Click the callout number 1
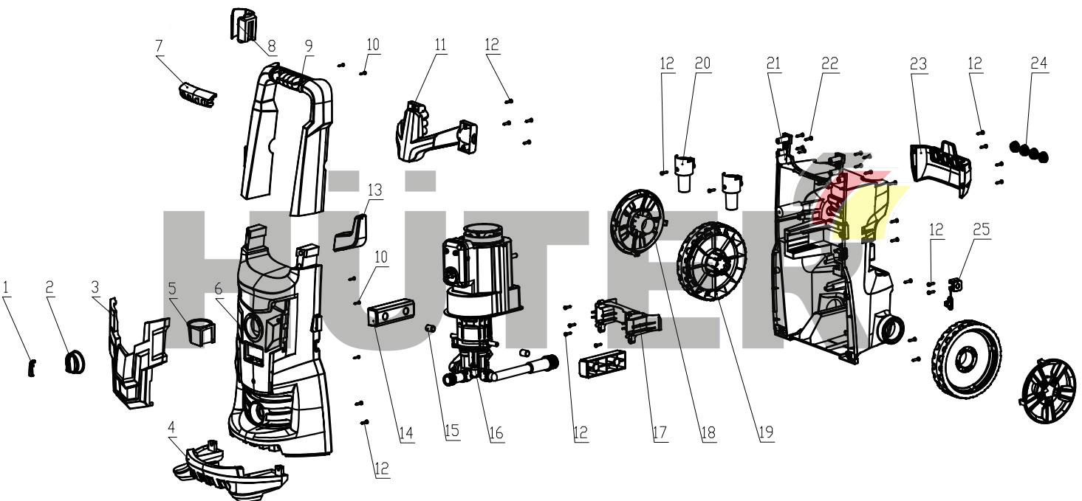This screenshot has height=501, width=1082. [7, 286]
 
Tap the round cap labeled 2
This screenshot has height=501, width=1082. [74, 362]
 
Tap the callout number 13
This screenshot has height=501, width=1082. [375, 190]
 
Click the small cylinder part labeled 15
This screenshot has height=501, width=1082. [428, 327]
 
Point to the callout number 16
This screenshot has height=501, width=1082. [497, 432]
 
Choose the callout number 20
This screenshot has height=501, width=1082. [702, 63]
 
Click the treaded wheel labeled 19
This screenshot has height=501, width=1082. [711, 262]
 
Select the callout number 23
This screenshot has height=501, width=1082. [918, 64]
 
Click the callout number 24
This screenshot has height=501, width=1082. [1039, 64]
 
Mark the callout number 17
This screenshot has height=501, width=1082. [660, 432]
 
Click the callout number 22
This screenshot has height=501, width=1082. [830, 64]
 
